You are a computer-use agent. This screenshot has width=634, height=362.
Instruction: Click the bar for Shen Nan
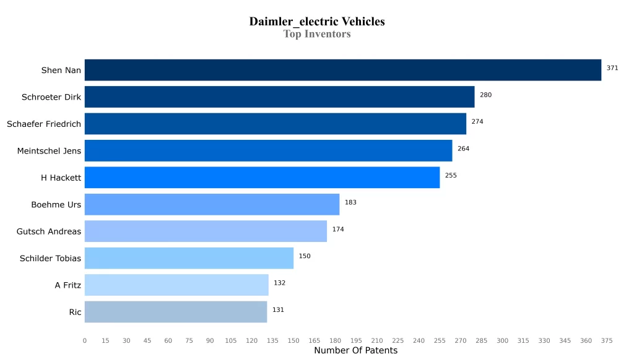tap(342, 70)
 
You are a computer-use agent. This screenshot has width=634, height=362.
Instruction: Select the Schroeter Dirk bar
tap(279, 97)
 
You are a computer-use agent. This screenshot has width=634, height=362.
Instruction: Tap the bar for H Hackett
tap(262, 178)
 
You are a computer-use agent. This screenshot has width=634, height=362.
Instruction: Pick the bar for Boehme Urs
tap(212, 204)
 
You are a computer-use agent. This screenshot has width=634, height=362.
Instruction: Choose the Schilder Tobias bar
tap(189, 258)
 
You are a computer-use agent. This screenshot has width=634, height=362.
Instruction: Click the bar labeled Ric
tap(176, 312)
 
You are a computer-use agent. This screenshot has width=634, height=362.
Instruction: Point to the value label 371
tap(612, 68)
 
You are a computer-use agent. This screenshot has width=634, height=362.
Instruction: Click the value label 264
tap(464, 149)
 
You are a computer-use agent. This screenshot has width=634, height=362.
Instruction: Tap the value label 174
tap(338, 230)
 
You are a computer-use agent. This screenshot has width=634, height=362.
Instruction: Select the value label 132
tap(280, 283)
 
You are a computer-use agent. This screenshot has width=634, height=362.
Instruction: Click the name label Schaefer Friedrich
tap(44, 124)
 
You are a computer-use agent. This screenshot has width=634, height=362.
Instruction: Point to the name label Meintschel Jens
tap(49, 151)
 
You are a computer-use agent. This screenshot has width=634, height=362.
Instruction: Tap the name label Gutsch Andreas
tap(49, 231)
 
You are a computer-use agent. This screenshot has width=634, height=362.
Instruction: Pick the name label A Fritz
tap(68, 285)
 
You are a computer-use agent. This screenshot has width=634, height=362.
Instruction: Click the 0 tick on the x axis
tap(85, 340)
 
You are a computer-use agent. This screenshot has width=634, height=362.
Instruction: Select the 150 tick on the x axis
tap(293, 340)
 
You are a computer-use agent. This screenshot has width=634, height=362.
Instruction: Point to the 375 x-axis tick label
tap(607, 340)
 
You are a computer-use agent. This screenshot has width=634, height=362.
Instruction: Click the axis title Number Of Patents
tap(355, 351)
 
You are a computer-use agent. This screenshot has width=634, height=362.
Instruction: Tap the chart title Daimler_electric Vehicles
tap(317, 22)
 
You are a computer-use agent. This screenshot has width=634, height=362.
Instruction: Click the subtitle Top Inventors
tap(317, 34)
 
